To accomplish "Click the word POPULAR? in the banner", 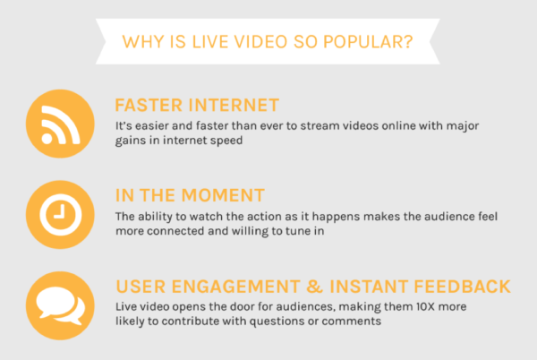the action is [x=368, y=42].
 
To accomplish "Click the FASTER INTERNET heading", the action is [x=197, y=105].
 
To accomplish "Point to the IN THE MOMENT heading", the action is [x=190, y=195].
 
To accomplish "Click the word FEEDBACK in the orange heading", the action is [x=463, y=287].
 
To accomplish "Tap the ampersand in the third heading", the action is [x=314, y=287].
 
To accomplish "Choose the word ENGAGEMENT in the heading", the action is [x=236, y=287].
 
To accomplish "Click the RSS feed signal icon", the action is [x=60, y=124].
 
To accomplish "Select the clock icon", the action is [x=60, y=214].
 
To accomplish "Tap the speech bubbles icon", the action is [x=60, y=305].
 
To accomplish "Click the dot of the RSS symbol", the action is [x=47, y=139].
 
